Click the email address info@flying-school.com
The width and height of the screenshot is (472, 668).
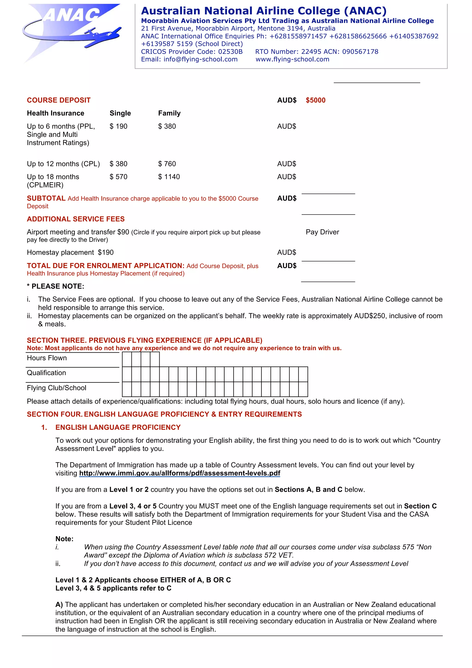189,59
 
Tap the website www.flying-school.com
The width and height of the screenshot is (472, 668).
292,59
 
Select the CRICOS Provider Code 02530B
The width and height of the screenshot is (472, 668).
192,51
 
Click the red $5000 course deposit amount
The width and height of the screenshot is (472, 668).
315,100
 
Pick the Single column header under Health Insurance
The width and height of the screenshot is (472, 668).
120,113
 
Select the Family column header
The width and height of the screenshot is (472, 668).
169,113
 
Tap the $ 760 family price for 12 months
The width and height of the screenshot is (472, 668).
167,164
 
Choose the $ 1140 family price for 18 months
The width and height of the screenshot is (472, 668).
169,177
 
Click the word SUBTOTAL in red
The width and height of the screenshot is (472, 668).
46,198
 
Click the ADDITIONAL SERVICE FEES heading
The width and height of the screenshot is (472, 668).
76,219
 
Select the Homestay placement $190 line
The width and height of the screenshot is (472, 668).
70,253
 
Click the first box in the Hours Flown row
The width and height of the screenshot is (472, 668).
127,359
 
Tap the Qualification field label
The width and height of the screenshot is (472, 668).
46,373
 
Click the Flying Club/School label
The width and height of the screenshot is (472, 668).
56,388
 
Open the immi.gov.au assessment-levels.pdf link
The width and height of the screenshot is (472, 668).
180,473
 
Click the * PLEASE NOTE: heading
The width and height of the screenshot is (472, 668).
55,286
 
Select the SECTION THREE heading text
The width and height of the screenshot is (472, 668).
145,340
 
